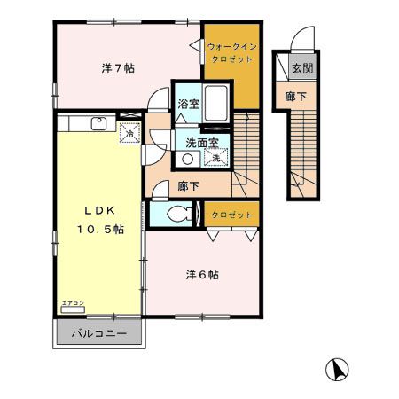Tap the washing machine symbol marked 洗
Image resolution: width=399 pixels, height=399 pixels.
tap(215, 157)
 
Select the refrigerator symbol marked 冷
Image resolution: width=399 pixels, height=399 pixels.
tap(129, 134)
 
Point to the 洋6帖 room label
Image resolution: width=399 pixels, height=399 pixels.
tap(203, 274)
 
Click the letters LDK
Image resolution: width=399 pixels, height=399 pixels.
tap(100, 211)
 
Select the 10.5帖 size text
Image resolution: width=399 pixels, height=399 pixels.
tap(98, 229)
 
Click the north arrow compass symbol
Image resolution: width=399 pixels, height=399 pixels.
tap(339, 369)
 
